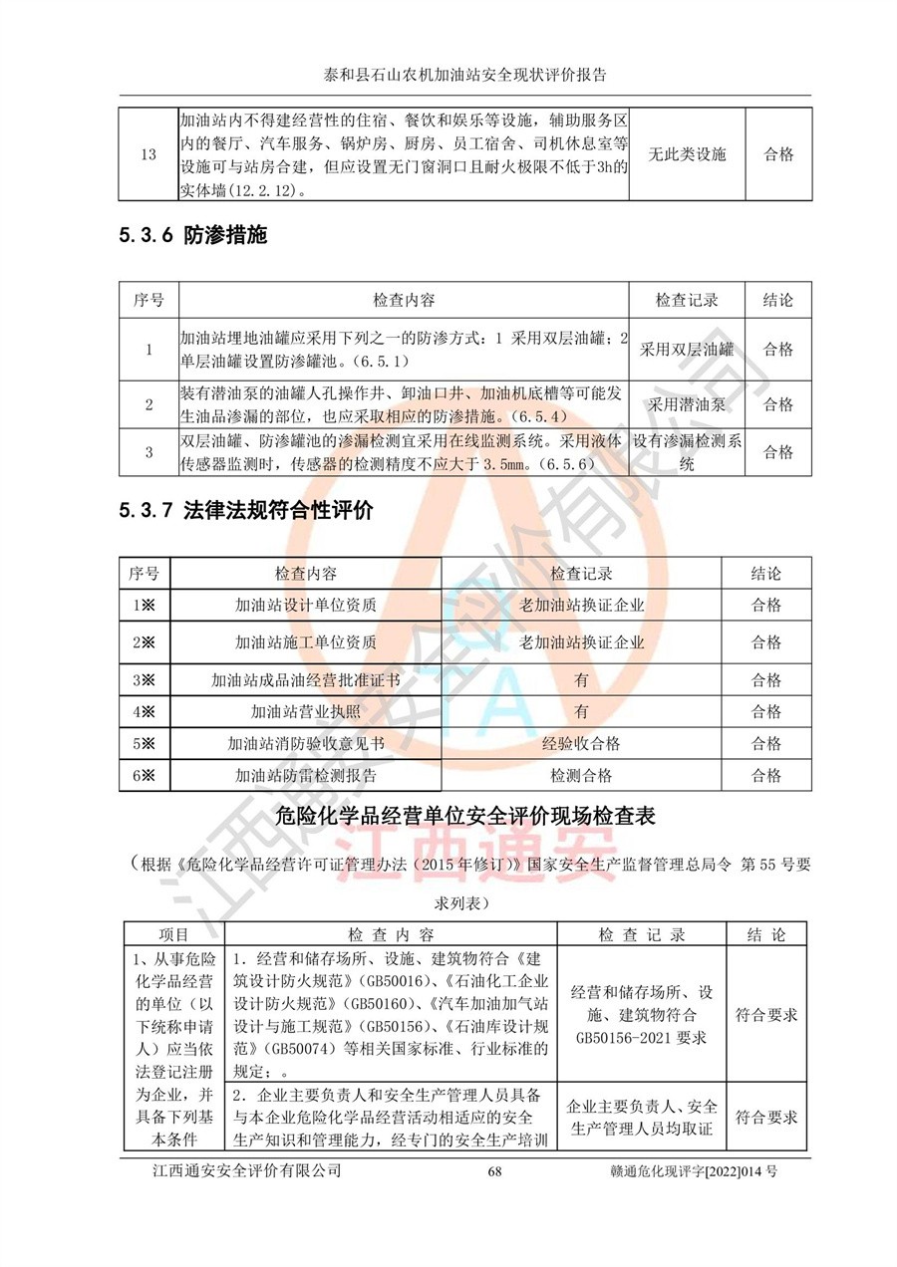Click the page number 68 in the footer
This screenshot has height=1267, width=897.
[x=494, y=1171]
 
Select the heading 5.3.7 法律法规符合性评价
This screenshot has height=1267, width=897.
[x=245, y=511]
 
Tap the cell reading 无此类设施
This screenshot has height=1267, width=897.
[x=687, y=154]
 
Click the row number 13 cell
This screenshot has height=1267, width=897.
[x=149, y=154]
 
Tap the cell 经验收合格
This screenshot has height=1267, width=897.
[x=581, y=744]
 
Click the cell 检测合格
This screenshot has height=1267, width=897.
[x=581, y=776]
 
